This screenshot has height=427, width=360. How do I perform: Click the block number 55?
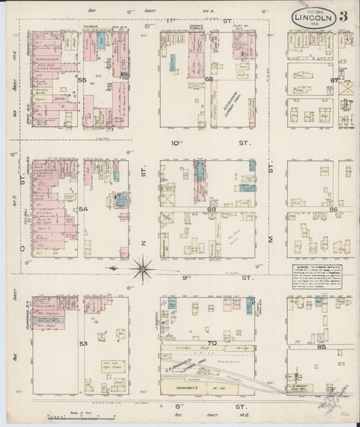[82, 80]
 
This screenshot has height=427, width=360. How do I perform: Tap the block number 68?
[209, 79]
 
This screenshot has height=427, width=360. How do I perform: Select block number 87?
[333, 80]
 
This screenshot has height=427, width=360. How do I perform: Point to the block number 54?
[82, 209]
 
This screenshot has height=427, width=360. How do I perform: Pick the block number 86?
[333, 210]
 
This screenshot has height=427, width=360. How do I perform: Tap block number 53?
[82, 343]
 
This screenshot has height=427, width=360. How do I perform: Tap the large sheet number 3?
[344, 16]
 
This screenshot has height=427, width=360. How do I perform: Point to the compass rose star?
[143, 268]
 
